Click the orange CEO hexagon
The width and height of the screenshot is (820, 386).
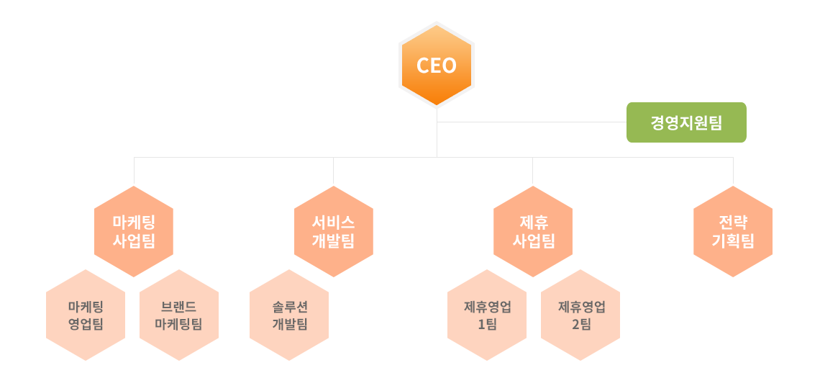pyautogui.click(x=437, y=66)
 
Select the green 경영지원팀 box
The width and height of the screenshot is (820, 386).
pyautogui.click(x=685, y=122)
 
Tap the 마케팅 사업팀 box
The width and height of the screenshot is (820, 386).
pyautogui.click(x=134, y=230)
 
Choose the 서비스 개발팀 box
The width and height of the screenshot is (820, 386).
pyautogui.click(x=333, y=230)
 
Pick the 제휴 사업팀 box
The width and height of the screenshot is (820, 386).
pyautogui.click(x=533, y=230)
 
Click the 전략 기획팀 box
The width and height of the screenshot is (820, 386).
pyautogui.click(x=732, y=230)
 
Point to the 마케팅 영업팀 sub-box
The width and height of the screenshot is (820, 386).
pyautogui.click(x=86, y=315)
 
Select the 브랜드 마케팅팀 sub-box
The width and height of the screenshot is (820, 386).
pyautogui.click(x=178, y=315)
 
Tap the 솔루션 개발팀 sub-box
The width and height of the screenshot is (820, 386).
pyautogui.click(x=289, y=315)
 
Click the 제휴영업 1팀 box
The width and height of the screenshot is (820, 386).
pyautogui.click(x=486, y=315)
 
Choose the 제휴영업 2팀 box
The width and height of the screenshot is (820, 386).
pyautogui.click(x=580, y=315)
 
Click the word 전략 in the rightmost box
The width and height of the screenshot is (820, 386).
pyautogui.click(x=732, y=222)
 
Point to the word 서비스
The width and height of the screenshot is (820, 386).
pyautogui.click(x=333, y=222)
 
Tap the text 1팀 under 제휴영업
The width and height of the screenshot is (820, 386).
pyautogui.click(x=487, y=324)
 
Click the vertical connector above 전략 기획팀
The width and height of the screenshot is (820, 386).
pyautogui.click(x=733, y=171)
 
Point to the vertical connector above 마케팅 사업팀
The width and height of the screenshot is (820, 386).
pyautogui.click(x=134, y=171)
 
